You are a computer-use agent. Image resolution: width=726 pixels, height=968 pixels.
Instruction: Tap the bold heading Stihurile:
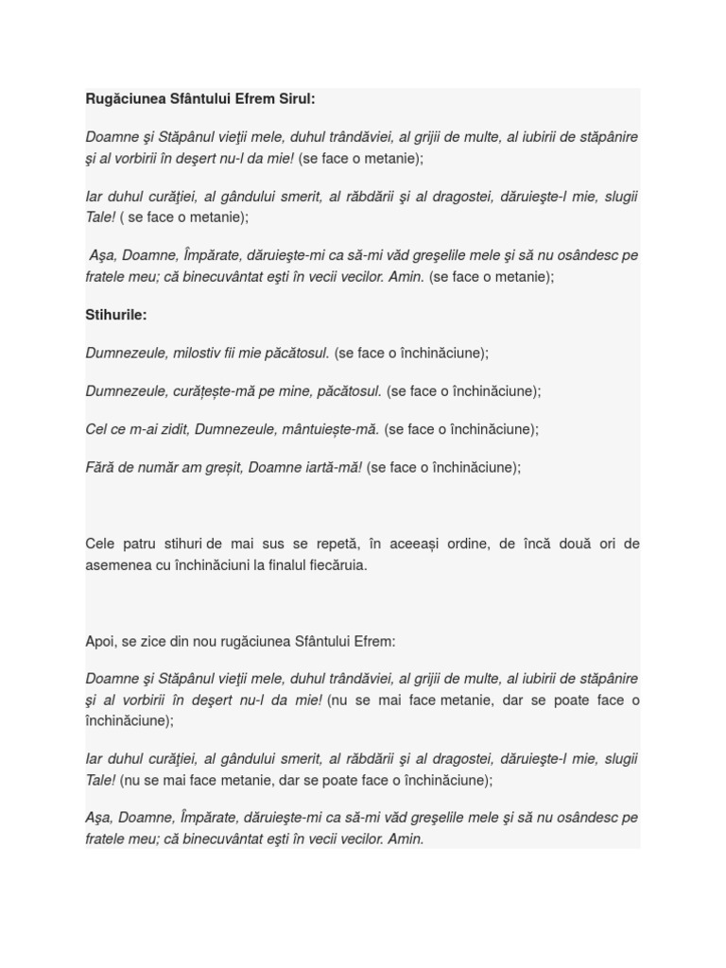coord(116,315)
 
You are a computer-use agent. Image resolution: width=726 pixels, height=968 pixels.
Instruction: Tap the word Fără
coord(100,467)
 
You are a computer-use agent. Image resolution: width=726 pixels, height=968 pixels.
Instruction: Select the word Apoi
coord(100,641)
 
